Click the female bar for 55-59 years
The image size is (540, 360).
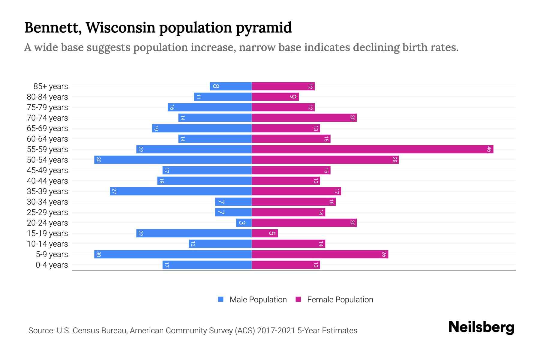pyautogui.click(x=372, y=149)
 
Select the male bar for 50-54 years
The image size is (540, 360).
pyautogui.click(x=173, y=160)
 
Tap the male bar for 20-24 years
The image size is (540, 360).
pyautogui.click(x=244, y=223)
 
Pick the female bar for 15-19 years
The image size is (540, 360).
pyautogui.click(x=265, y=233)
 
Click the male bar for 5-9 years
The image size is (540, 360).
pyautogui.click(x=173, y=254)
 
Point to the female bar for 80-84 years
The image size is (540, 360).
pyautogui.click(x=275, y=97)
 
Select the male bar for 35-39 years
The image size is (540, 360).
pyautogui.click(x=181, y=191)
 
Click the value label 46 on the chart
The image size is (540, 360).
pyautogui.click(x=489, y=149)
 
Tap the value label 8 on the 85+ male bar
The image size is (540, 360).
pyautogui.click(x=216, y=86)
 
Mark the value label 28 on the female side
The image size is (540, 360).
pyautogui.click(x=394, y=160)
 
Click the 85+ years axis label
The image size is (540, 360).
pyautogui.click(x=51, y=86)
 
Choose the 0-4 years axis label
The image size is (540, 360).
pyautogui.click(x=52, y=265)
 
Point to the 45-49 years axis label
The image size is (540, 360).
pyautogui.click(x=47, y=170)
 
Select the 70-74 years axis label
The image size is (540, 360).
pyautogui.click(x=47, y=118)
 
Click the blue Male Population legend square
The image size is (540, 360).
pyautogui.click(x=221, y=299)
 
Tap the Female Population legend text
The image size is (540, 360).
pyautogui.click(x=340, y=299)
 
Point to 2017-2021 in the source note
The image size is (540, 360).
pyautogui.click(x=276, y=331)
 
